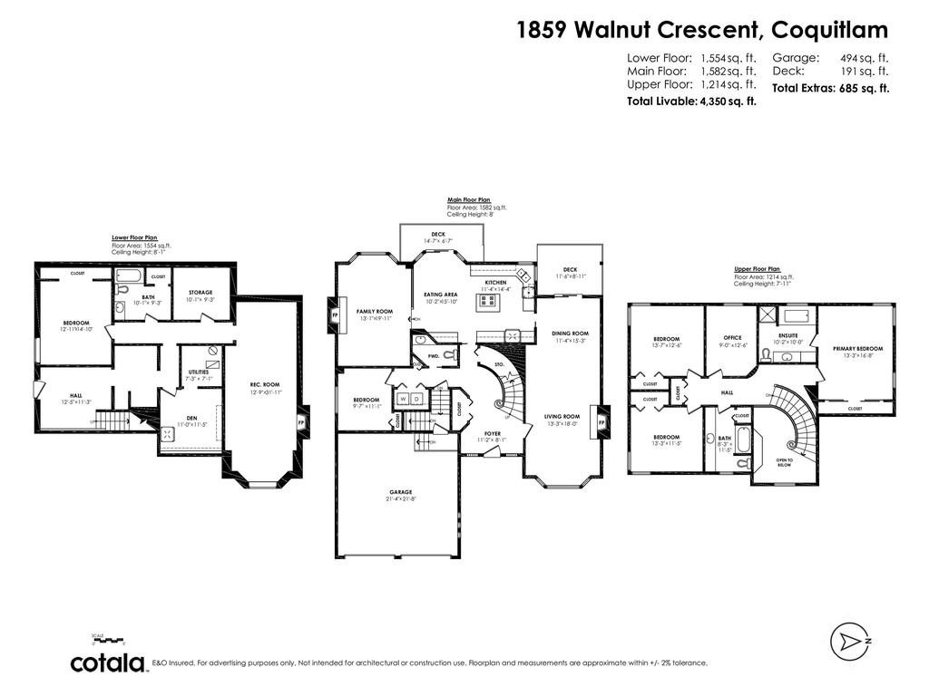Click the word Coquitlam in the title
pos(829,30)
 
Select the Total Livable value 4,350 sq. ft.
pos(726,101)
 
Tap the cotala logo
pos(109,662)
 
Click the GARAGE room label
pos(400,492)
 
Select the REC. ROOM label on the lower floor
pos(264,384)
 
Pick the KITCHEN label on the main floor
pos(495,283)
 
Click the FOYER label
pos(492,433)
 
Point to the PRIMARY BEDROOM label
pos(857,348)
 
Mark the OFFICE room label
pos(733,337)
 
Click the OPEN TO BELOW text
pos(784,463)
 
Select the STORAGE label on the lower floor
pos(200,292)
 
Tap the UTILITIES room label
pos(199,372)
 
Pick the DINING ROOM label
pos(570,333)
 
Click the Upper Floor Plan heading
pos(757,269)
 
